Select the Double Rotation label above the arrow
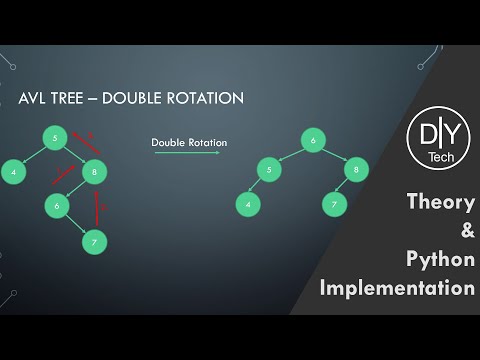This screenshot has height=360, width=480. coord(189,142)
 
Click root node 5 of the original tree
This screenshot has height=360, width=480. coord(57,136)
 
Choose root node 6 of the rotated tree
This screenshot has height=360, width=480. coord(314,142)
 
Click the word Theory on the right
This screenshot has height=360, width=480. coord(441,202)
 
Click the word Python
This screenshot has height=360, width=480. coord(441,260)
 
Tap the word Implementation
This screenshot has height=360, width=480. coord(397,288)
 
